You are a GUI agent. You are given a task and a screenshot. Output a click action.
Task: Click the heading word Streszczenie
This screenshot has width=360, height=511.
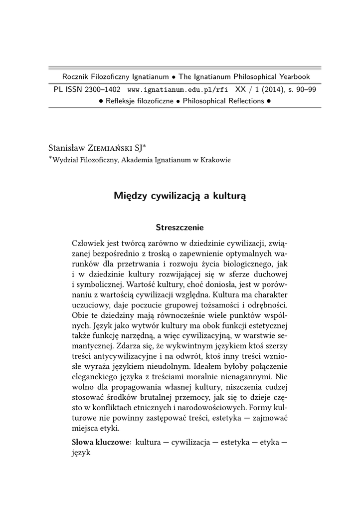pos(180,228)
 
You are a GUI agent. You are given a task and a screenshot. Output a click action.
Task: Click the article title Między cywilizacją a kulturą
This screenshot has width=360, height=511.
pos(180,196)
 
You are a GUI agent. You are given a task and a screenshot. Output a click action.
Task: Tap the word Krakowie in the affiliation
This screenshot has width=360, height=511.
pos(215,160)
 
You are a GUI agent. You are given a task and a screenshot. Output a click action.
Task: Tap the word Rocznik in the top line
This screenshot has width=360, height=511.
pos(75,77)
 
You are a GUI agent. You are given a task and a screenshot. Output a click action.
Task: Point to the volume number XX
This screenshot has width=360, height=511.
pos(241,90)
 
